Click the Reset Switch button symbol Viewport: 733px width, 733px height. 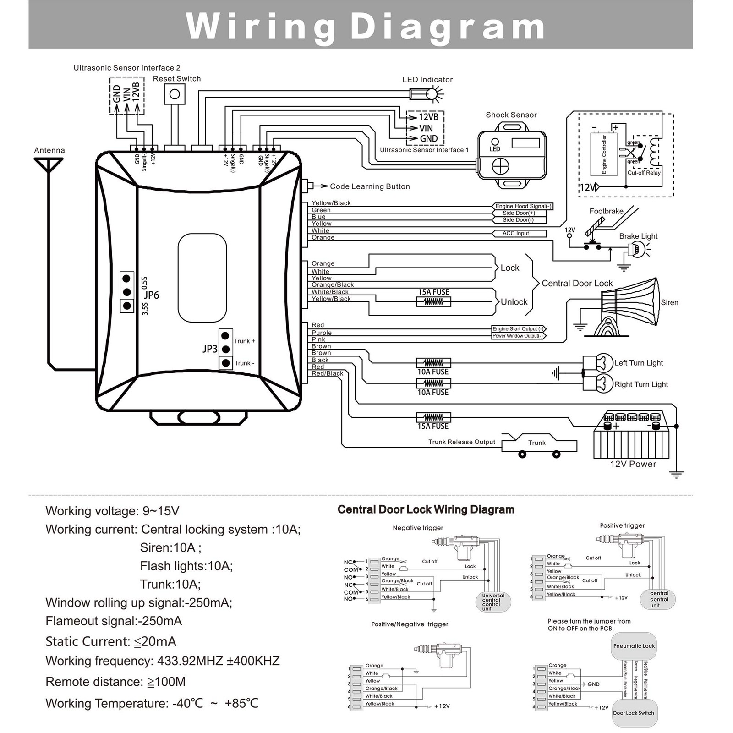tap(175, 95)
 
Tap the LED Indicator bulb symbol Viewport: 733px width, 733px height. tap(431, 94)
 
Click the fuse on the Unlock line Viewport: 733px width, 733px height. tap(433, 302)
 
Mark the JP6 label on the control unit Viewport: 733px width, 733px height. tap(151, 295)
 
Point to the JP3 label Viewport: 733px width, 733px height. tap(210, 349)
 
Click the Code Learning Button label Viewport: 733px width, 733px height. tap(370, 186)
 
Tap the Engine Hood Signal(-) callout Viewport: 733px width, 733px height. tap(523, 207)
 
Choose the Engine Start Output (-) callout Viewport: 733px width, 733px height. tap(519, 329)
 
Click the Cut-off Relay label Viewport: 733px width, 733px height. tap(644, 173)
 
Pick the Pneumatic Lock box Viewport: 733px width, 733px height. tap(634, 646)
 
